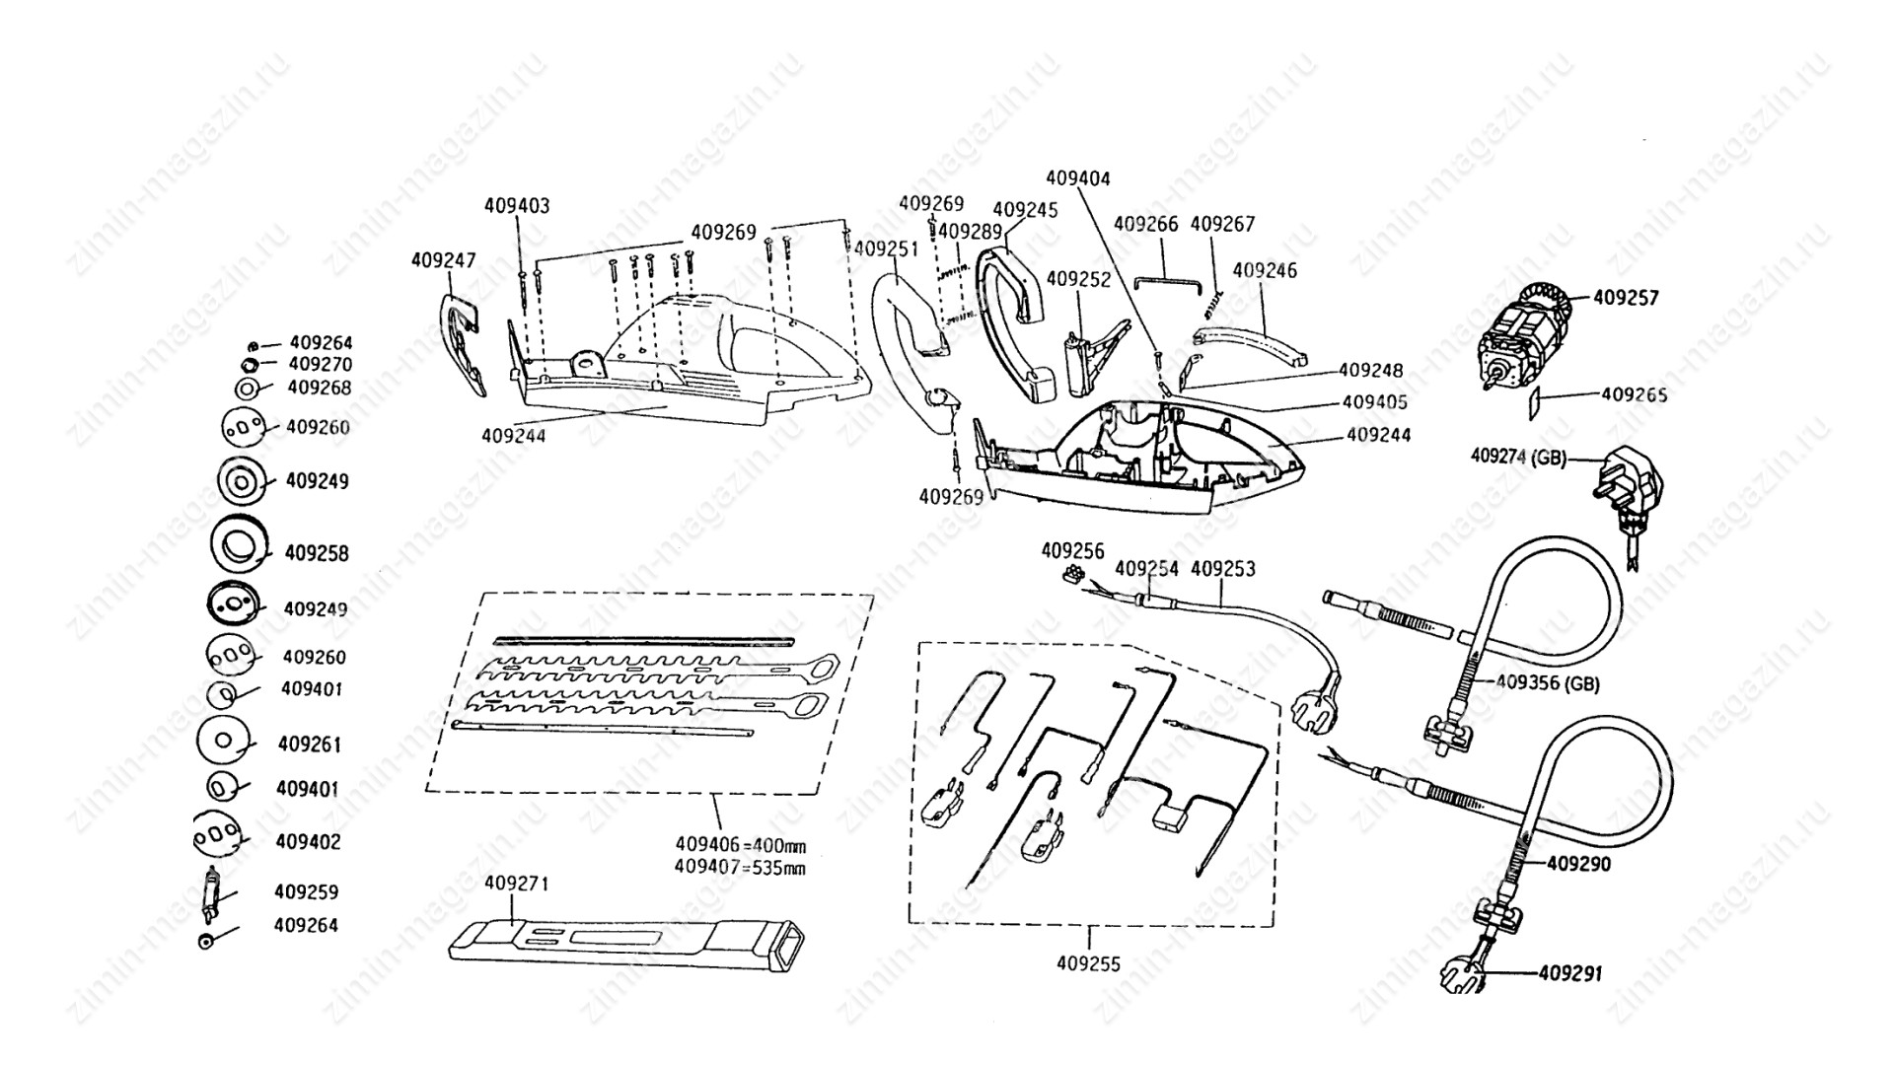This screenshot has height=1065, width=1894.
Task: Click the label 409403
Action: (x=517, y=206)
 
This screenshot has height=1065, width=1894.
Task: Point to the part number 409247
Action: (x=443, y=260)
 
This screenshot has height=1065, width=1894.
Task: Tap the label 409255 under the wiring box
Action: (x=1088, y=963)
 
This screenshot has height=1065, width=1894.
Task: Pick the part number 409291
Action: (x=1569, y=973)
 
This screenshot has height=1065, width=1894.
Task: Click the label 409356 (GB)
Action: (x=1548, y=682)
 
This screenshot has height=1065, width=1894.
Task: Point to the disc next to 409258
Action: (x=240, y=543)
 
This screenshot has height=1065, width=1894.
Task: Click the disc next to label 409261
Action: (x=224, y=741)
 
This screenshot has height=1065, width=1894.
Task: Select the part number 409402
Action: (x=308, y=842)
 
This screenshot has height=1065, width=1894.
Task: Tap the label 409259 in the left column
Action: (x=306, y=891)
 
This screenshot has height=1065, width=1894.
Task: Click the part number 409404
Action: (x=1077, y=178)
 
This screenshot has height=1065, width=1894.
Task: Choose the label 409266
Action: (x=1145, y=224)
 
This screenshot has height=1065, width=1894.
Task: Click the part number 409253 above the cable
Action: (x=1223, y=569)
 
